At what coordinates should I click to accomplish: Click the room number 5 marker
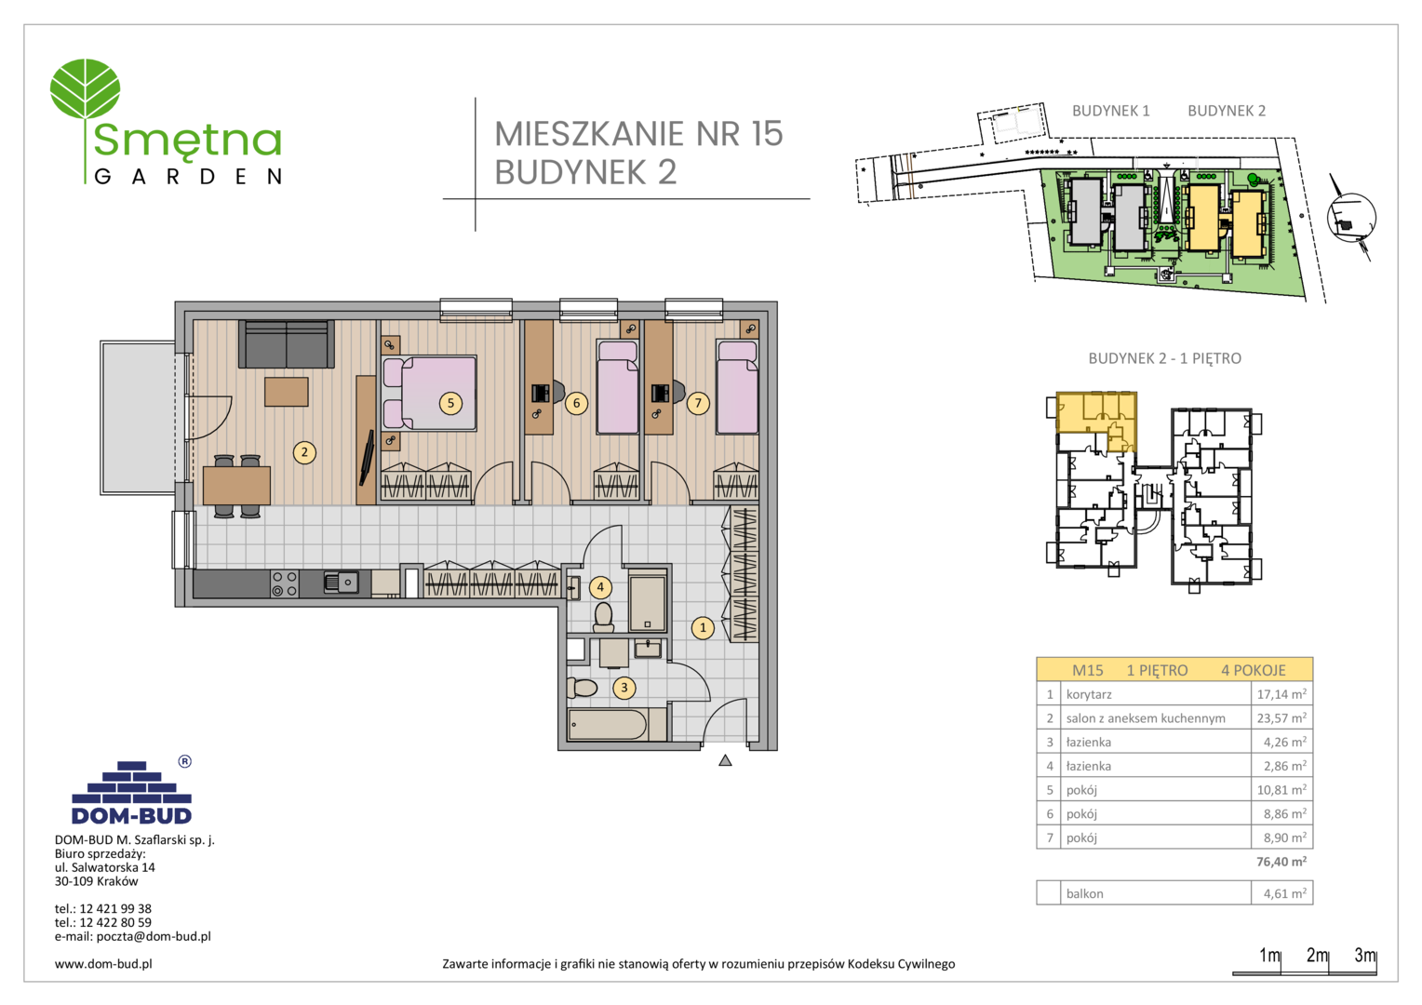[x=450, y=403]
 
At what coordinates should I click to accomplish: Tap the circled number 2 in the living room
[x=304, y=452]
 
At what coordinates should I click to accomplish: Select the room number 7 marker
[x=698, y=403]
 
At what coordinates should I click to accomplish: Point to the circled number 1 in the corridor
[x=703, y=628]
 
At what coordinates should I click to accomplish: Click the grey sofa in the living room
[x=287, y=344]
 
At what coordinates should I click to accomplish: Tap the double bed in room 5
[x=430, y=393]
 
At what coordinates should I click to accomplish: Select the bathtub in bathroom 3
[x=608, y=725]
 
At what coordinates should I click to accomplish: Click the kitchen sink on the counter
[x=341, y=583]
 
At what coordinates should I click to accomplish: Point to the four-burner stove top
[x=285, y=584]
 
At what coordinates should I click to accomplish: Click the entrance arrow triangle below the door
[x=725, y=760]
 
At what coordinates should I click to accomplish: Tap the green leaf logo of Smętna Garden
[x=85, y=89]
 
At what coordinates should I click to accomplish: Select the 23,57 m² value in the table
[x=1281, y=718]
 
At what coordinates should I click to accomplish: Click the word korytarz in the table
[x=1089, y=694]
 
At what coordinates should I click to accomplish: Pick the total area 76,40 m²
[x=1281, y=862]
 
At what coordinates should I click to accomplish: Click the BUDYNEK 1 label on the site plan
[x=1111, y=111]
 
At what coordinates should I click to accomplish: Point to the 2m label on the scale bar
[x=1318, y=955]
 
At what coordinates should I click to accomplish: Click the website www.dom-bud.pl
[x=103, y=964]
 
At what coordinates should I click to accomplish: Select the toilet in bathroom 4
[x=603, y=617]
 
